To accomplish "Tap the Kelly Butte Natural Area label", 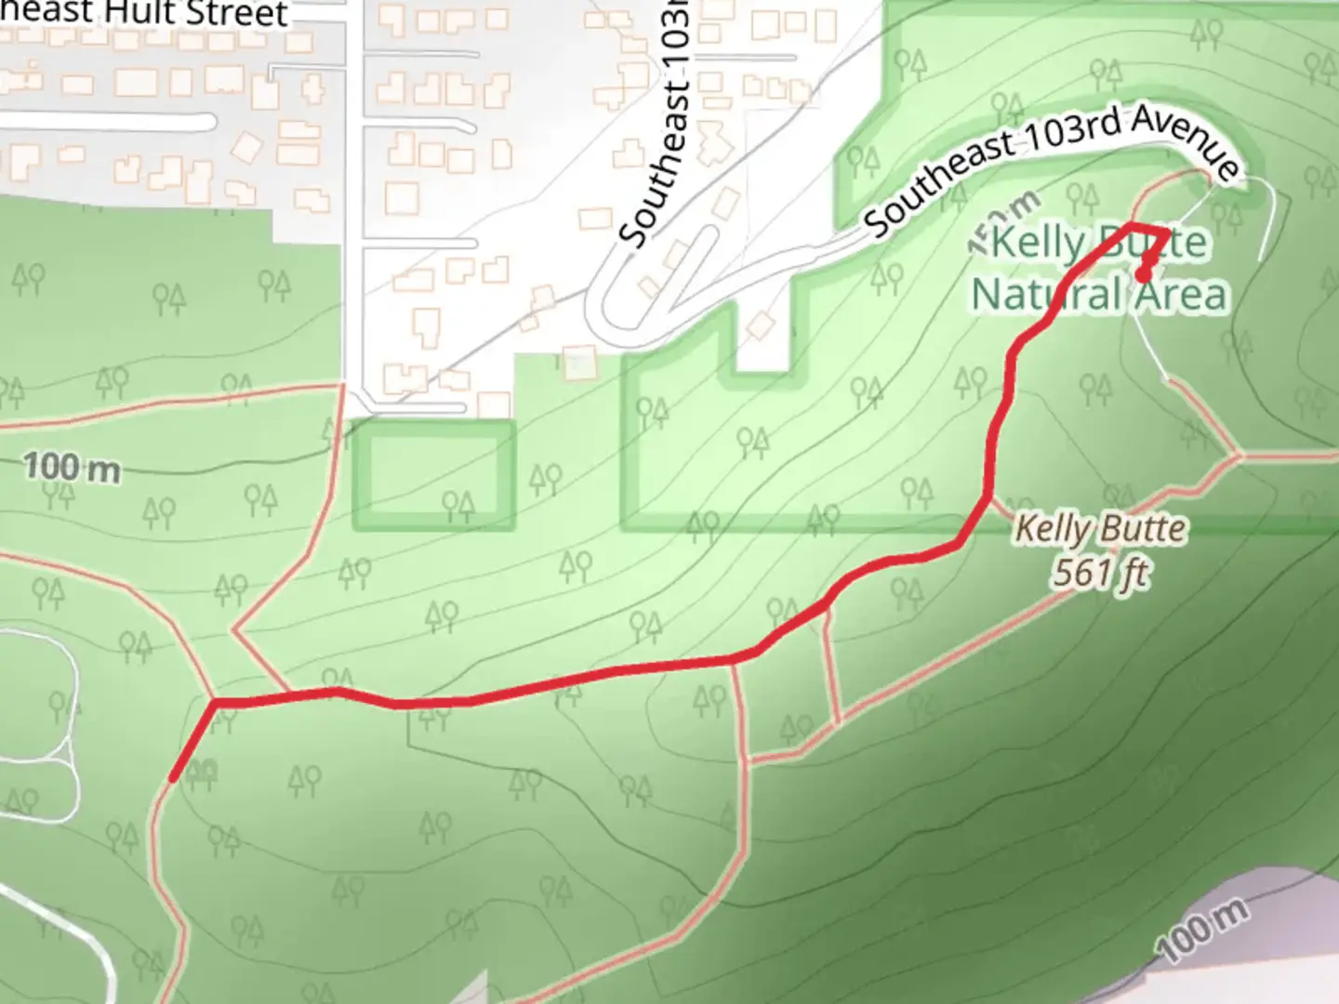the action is coord(1099,270).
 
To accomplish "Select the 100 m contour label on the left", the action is coord(72,467).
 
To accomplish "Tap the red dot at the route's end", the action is coord(1143,274).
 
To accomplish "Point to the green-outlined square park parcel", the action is coord(433,474).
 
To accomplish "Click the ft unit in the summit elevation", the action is coord(1131,574).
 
